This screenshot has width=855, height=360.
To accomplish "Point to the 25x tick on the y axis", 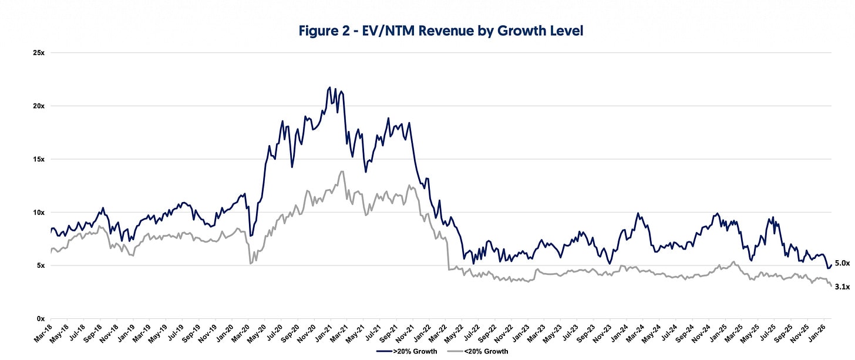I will click(x=39, y=53).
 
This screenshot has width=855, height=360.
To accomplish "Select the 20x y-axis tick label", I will click(x=39, y=106).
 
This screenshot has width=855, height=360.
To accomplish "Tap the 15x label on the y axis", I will click(x=39, y=159).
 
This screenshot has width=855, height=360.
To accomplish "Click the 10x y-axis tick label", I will click(x=39, y=212).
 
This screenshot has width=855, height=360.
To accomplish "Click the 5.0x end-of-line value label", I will click(x=842, y=263).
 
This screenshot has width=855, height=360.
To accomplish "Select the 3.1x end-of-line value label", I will click(x=842, y=287).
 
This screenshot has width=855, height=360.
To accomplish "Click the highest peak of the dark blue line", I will click(x=329, y=88).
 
